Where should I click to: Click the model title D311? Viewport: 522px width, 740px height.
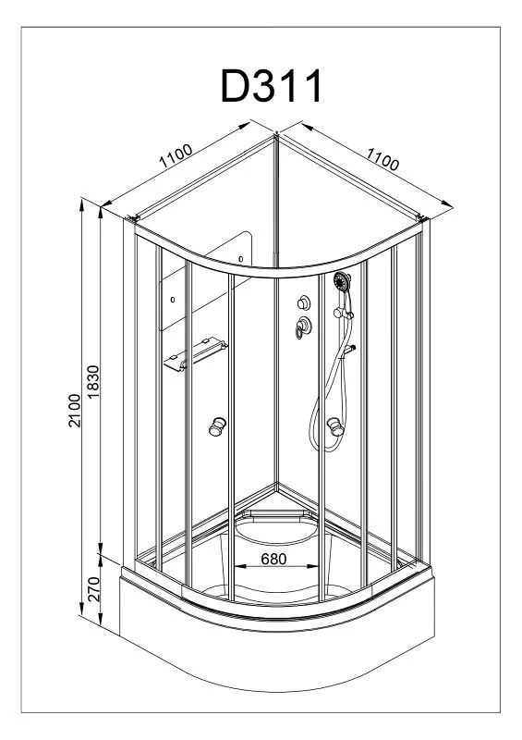[272, 85]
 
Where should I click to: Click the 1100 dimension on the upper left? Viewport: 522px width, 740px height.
[176, 155]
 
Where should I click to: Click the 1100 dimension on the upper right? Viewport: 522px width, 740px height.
[382, 158]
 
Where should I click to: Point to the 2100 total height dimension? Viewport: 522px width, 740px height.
[75, 410]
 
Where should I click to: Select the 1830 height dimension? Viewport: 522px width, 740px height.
[93, 381]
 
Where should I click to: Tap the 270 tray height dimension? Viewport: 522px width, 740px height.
[94, 589]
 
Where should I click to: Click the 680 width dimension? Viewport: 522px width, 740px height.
[273, 559]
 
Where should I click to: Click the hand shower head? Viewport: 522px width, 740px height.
[342, 281]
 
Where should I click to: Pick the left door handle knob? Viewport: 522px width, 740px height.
[217, 426]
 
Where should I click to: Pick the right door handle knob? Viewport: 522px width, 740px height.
[335, 426]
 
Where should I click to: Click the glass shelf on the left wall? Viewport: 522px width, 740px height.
[196, 353]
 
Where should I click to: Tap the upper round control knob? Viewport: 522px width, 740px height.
[304, 302]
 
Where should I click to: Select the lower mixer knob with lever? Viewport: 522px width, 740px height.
[303, 327]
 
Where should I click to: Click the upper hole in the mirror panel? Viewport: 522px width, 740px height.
[241, 259]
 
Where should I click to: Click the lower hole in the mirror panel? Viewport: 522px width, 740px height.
[173, 300]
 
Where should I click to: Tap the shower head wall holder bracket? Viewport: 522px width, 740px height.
[345, 313]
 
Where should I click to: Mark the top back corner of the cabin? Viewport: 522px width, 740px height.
[276, 134]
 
